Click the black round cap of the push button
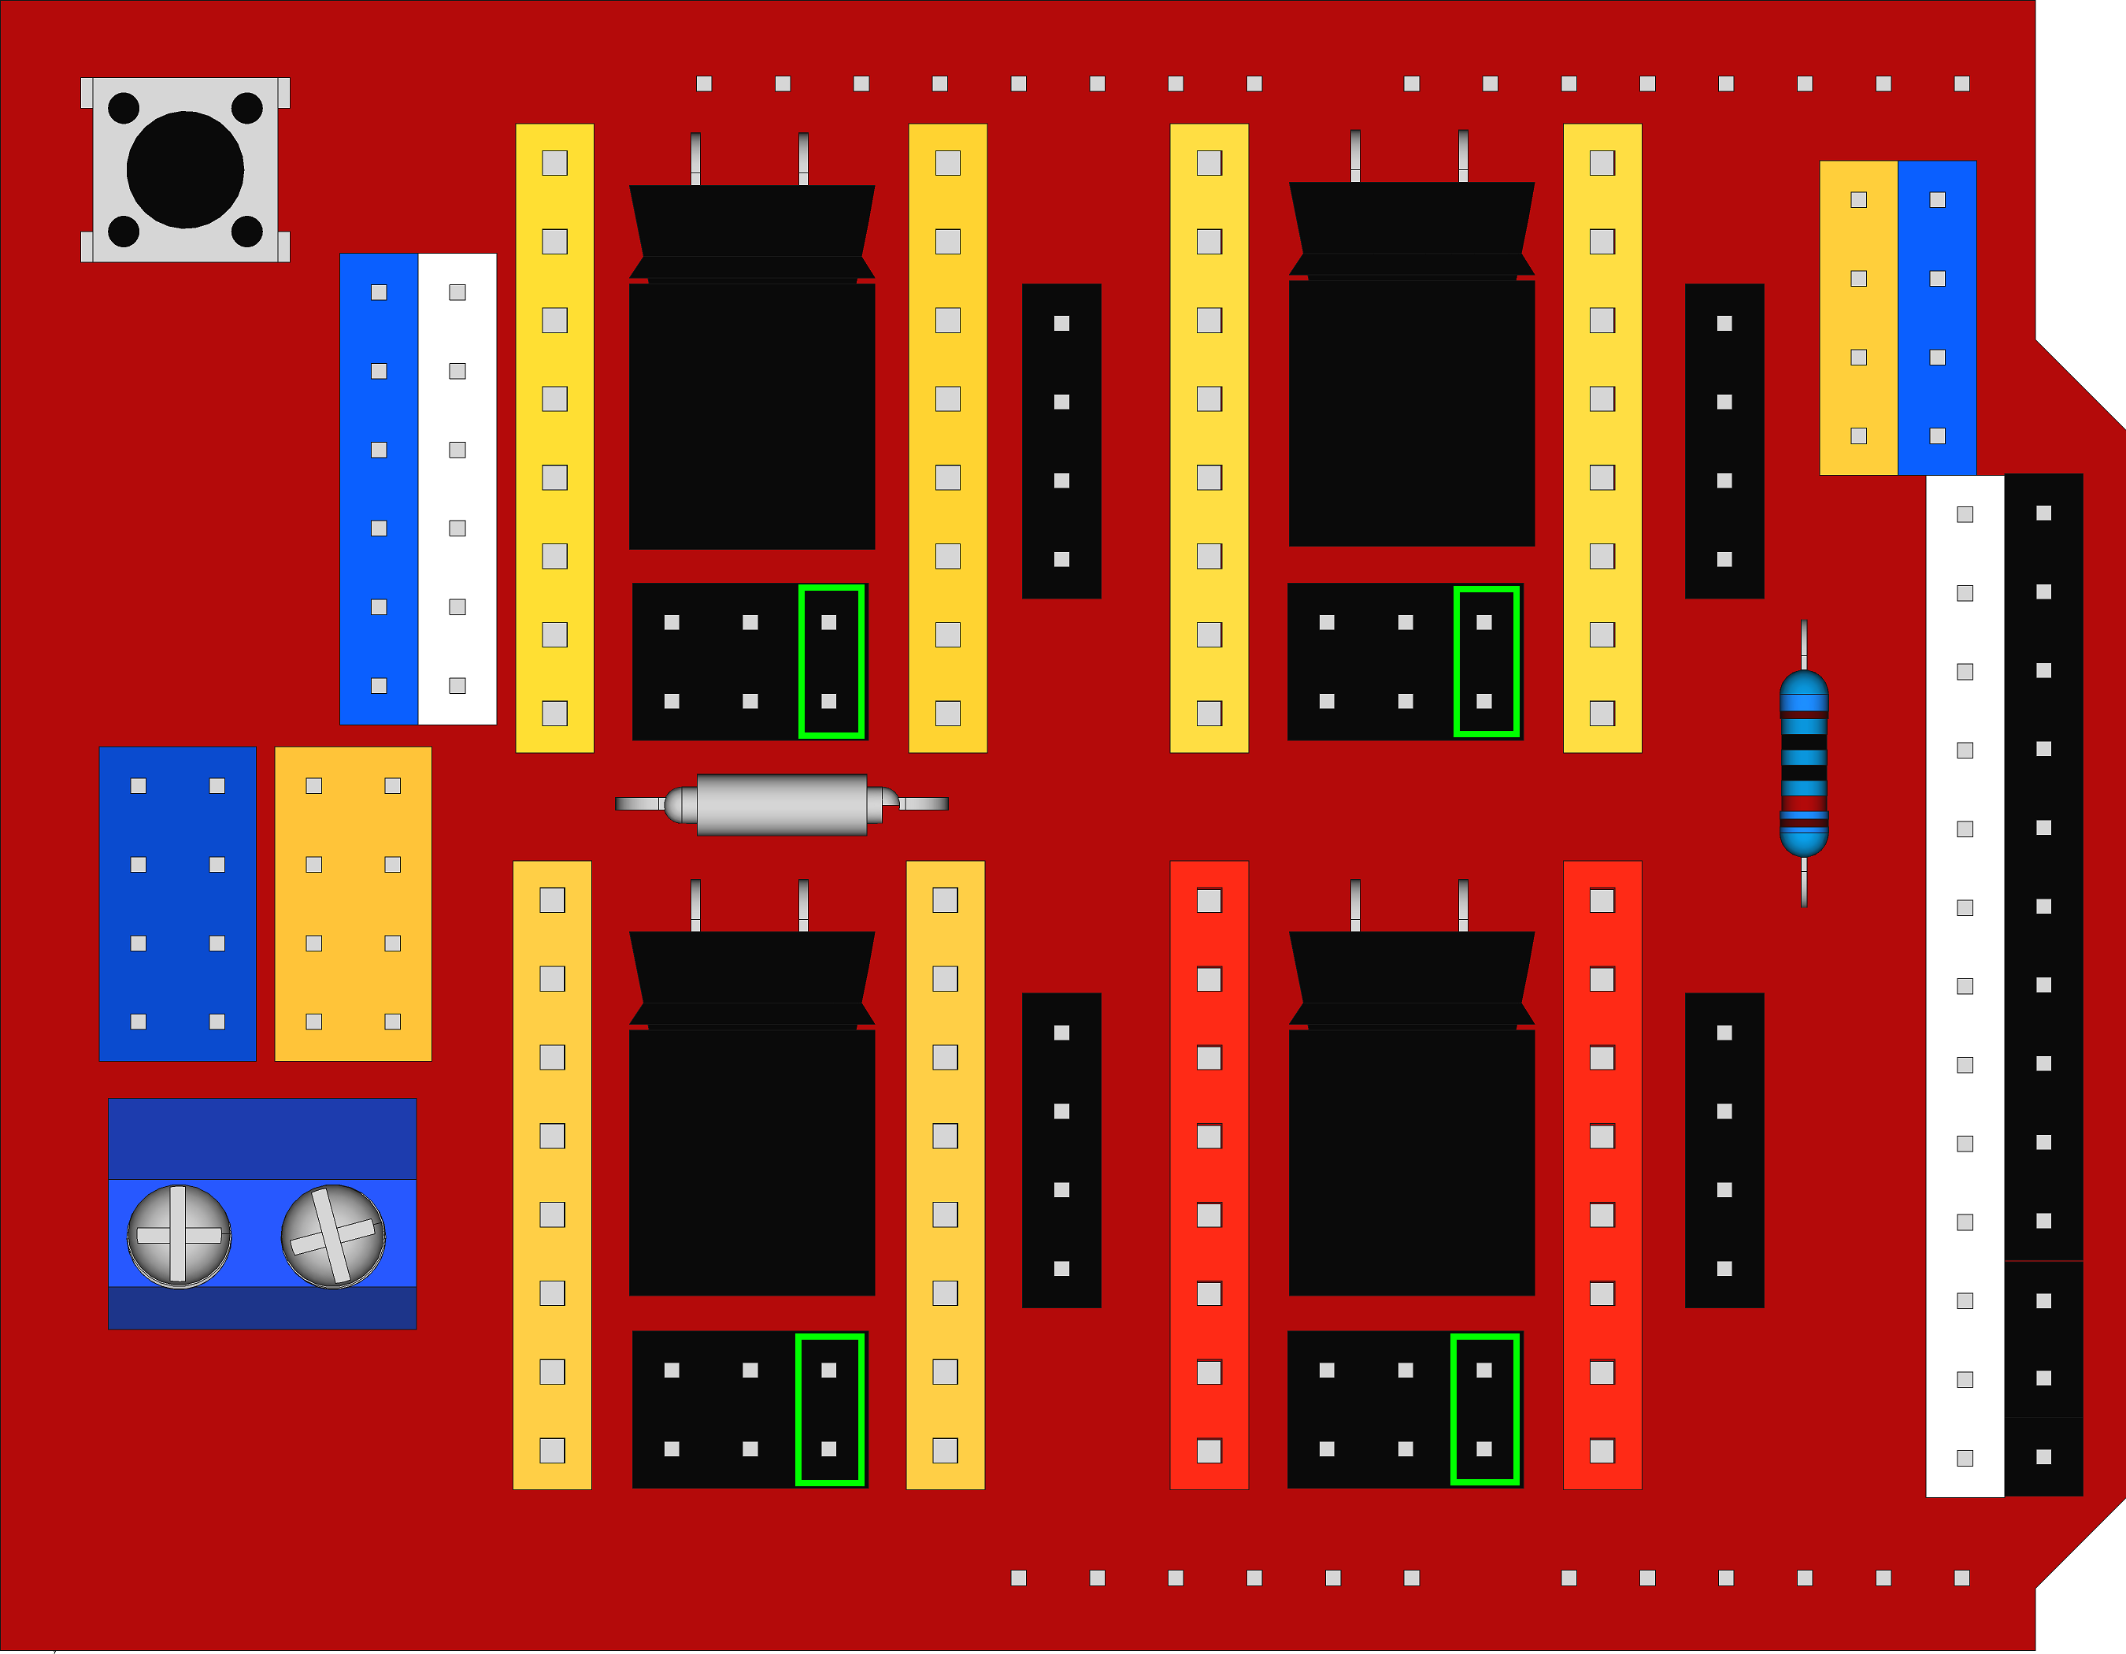[x=185, y=169]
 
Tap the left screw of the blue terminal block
[x=179, y=1237]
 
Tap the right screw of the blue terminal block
[x=333, y=1237]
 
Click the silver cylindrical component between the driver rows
[x=782, y=804]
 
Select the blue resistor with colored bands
[x=1804, y=763]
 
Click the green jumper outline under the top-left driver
[x=832, y=662]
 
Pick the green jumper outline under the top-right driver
[x=1487, y=662]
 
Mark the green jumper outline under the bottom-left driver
[x=829, y=1410]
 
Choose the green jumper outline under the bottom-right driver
[x=1484, y=1410]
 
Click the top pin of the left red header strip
[x=1209, y=900]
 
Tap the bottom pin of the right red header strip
[x=1602, y=1451]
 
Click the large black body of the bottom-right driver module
[x=1412, y=1163]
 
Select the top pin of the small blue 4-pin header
[x=1937, y=199]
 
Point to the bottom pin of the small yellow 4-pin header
[x=1858, y=436]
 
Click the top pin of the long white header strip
[x=1965, y=514]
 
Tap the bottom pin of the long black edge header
[x=2043, y=1456]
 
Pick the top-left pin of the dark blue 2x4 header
[x=139, y=785]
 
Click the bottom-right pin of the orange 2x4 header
[x=392, y=1022]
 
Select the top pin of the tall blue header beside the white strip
[x=379, y=292]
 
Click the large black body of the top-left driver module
[x=751, y=416]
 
